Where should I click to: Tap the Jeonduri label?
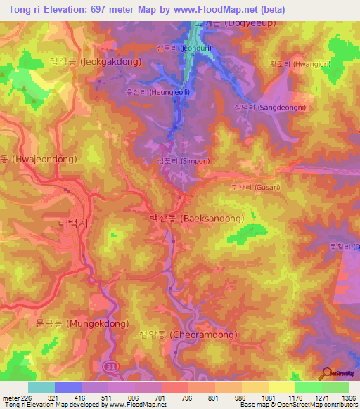[176, 48]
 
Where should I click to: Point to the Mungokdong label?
[82, 324]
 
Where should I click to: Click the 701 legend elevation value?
[160, 398]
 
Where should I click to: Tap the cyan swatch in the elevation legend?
[41, 387]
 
